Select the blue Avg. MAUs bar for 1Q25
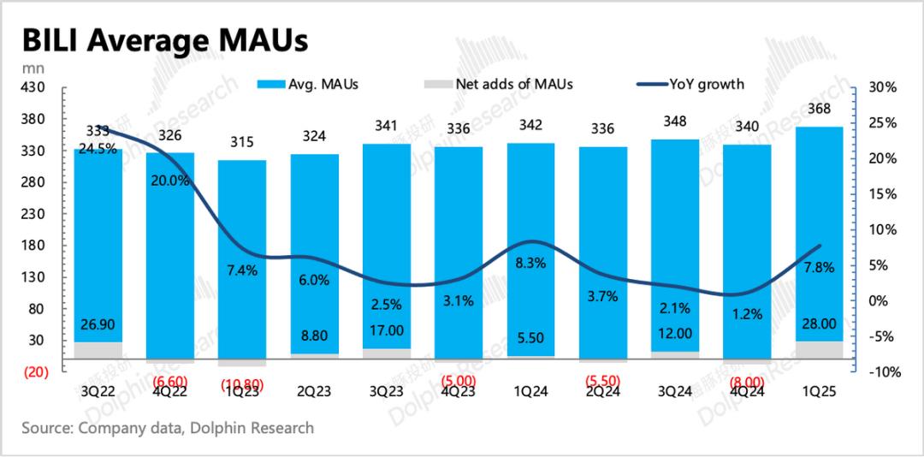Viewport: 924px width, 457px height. coord(819,231)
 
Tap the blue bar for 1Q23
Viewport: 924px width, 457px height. coord(241,257)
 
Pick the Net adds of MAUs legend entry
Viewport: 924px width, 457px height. coord(500,84)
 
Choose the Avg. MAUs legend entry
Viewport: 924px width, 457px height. coord(310,84)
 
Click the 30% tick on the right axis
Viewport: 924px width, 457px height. coord(880,87)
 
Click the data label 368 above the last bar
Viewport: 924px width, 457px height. coord(819,109)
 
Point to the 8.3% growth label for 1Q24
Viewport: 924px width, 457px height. coord(530,264)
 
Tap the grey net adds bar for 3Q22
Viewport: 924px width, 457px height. coord(98,351)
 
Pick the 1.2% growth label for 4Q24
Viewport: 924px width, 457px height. coord(747,314)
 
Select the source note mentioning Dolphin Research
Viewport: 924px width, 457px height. coord(169,427)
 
